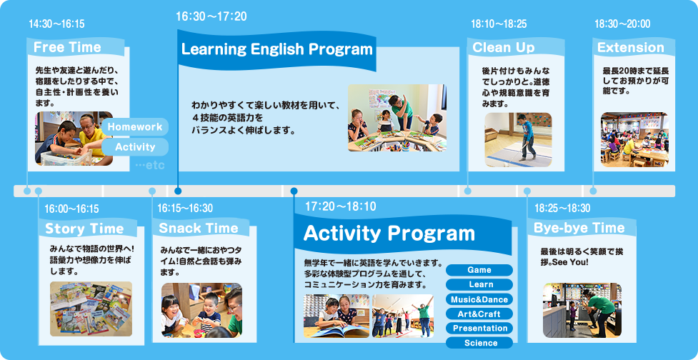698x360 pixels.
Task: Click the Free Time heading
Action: coord(67,47)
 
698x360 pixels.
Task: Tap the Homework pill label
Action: coord(135,127)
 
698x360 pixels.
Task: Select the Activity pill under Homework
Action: coord(135,147)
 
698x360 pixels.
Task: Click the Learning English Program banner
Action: coord(276,49)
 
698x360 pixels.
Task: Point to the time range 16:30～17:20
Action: coord(211,17)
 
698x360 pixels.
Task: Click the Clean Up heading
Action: coord(504,48)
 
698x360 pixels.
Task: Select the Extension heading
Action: coord(630,48)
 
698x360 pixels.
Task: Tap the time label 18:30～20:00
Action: coord(622,24)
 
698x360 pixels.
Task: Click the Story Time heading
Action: coord(84,229)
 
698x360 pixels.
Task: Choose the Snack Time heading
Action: coord(199,229)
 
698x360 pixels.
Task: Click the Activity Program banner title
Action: coord(389,234)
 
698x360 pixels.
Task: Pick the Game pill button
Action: coord(479,270)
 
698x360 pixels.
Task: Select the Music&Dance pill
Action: coord(479,299)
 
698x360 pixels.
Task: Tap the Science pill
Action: coord(479,343)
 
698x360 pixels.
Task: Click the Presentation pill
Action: coord(479,329)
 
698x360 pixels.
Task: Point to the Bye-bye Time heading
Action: coord(579,229)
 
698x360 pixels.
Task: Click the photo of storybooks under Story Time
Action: coord(91,309)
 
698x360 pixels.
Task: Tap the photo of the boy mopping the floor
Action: coord(518,140)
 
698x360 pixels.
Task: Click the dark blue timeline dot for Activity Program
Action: coord(294,191)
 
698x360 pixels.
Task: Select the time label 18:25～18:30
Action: coord(562,209)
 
